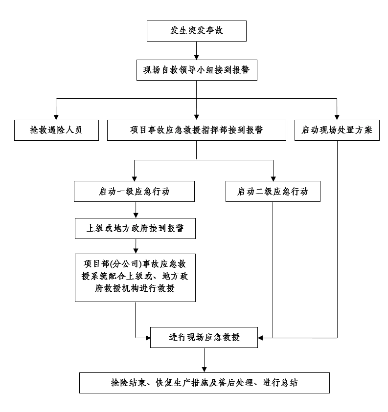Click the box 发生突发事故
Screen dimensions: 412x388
point(196,32)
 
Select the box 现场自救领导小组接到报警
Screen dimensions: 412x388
point(196,70)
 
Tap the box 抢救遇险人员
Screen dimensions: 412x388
point(56,130)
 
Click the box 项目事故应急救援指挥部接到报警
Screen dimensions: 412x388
point(196,130)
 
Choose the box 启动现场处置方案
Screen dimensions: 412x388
point(337,130)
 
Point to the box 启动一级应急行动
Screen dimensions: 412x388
point(134,192)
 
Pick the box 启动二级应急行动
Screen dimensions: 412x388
point(273,192)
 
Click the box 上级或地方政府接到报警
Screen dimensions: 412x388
point(135,228)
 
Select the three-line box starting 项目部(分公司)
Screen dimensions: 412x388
point(135,277)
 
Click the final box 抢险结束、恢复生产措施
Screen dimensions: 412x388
point(205,383)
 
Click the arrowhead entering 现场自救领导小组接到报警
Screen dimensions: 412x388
point(196,56)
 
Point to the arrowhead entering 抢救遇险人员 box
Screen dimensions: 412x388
point(56,116)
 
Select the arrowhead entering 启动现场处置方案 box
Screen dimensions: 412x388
point(337,116)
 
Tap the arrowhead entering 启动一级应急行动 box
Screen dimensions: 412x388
point(134,177)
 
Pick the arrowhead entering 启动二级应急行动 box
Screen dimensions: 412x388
point(273,177)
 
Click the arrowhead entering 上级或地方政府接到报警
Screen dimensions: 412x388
point(135,215)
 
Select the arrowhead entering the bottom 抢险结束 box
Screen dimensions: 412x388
point(205,369)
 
